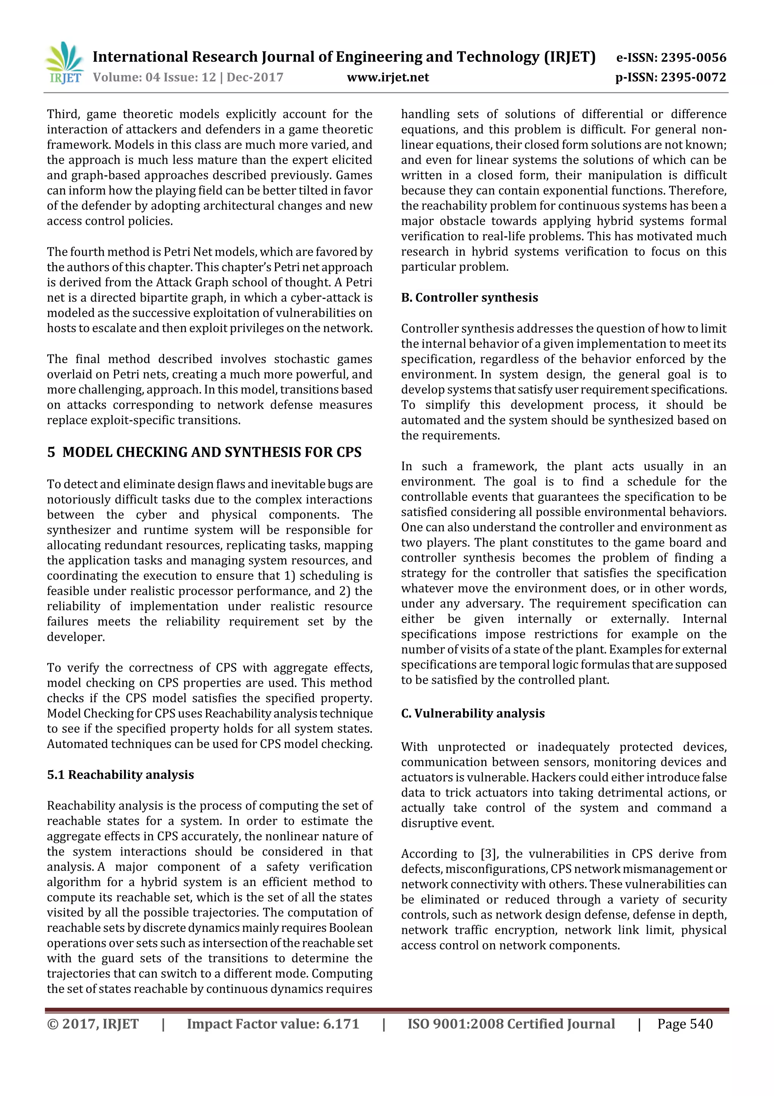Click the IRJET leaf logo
(65, 62)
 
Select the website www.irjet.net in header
(388, 77)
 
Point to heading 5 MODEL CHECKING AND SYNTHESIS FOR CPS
(204, 452)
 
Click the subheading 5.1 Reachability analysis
(120, 774)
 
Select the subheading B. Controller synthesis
(469, 297)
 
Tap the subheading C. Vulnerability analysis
(473, 713)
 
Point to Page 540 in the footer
(685, 1023)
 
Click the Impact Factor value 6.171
(341, 1023)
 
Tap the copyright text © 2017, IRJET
(93, 1023)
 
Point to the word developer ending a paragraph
(75, 637)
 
